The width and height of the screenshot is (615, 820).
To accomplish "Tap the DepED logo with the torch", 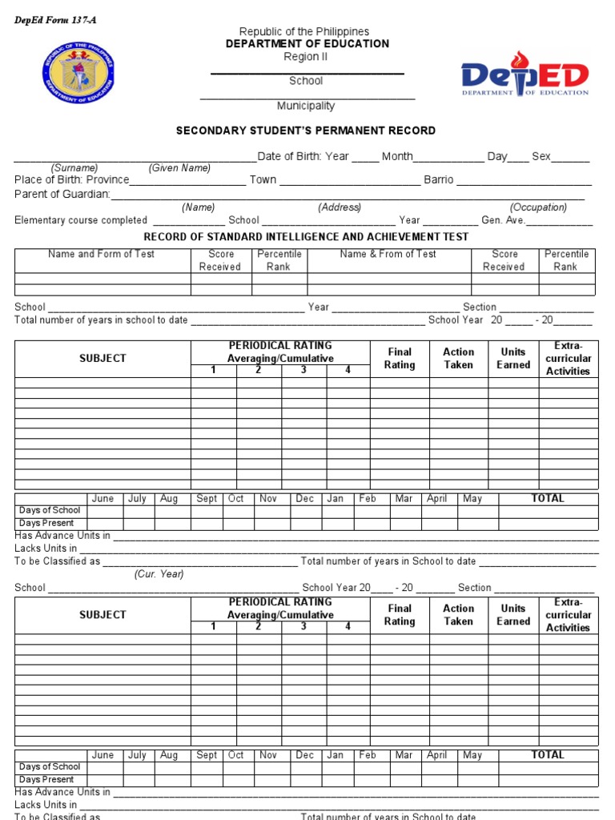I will click(x=525, y=77).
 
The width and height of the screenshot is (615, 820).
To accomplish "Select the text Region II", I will click(x=305, y=57).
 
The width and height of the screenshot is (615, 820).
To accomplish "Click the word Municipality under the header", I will click(x=305, y=106).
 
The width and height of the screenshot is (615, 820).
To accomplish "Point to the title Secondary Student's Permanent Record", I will click(x=306, y=131).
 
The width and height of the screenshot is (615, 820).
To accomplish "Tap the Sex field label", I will click(x=541, y=156).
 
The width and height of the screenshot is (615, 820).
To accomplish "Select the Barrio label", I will click(x=438, y=180).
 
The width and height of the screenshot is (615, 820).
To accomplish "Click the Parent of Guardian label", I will click(x=62, y=195).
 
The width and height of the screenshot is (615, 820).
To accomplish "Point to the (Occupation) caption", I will click(x=538, y=207).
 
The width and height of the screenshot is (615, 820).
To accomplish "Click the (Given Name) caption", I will click(x=179, y=168).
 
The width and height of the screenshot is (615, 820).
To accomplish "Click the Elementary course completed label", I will click(x=81, y=220).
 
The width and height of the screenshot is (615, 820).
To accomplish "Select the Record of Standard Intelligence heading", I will click(x=306, y=237).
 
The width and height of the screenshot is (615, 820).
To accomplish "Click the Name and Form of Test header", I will click(x=102, y=254).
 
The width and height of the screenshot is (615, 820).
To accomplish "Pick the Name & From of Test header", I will click(x=388, y=254).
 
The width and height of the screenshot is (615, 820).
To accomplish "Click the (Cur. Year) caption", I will click(x=159, y=574).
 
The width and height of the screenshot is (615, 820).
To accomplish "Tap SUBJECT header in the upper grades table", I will click(x=102, y=358).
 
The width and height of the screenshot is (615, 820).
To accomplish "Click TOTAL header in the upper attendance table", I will click(x=548, y=498).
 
